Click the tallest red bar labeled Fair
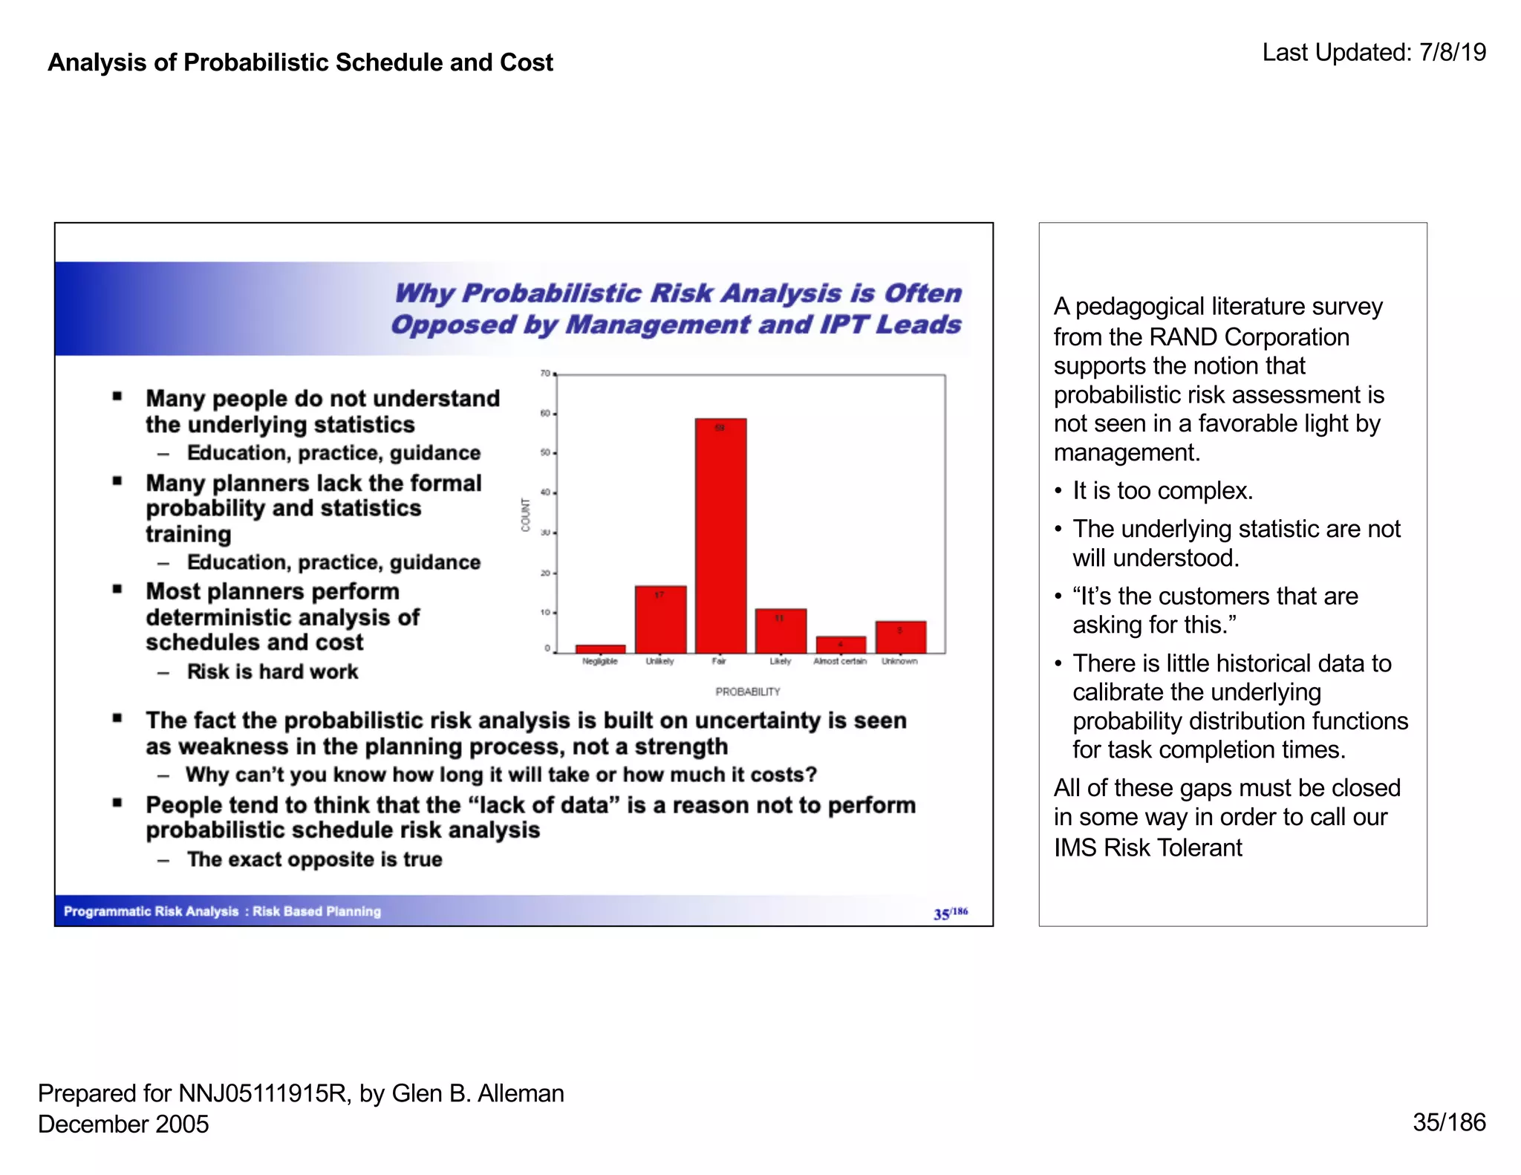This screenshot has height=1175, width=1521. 720,535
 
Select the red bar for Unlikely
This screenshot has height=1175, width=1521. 660,619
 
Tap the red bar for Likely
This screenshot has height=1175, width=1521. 781,631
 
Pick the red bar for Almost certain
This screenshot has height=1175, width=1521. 841,645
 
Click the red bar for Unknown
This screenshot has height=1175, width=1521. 900,637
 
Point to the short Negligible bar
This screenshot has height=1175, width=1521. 600,649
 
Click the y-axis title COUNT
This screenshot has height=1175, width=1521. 526,515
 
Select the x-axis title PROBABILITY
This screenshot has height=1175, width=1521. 748,691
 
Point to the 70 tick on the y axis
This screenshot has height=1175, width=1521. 545,373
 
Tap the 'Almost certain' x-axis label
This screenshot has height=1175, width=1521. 840,661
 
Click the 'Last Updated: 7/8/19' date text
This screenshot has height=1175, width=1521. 1374,53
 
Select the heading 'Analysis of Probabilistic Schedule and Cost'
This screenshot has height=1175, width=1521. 300,62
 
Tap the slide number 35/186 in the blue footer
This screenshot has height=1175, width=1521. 950,913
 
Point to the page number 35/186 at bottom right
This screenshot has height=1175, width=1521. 1448,1122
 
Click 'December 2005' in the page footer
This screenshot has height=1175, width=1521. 123,1124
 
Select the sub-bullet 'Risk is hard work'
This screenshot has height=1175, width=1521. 273,671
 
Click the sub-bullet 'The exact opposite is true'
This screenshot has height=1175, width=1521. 314,859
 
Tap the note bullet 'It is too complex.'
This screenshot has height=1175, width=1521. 1162,491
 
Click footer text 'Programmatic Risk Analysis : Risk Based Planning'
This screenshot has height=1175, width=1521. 222,911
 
